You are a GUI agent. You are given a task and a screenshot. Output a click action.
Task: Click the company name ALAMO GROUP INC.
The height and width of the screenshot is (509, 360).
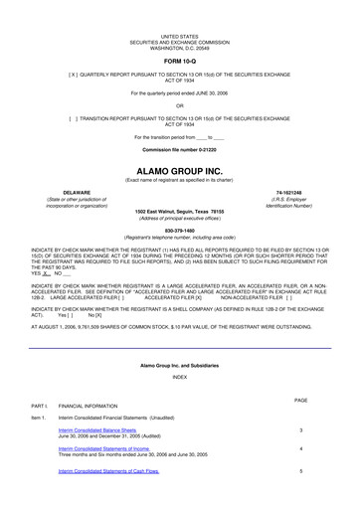pos(179,170)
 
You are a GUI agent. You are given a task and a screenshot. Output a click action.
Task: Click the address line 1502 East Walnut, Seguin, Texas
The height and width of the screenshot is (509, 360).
pos(179,211)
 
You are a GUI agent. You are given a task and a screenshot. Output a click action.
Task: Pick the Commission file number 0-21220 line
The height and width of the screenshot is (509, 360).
pos(179,148)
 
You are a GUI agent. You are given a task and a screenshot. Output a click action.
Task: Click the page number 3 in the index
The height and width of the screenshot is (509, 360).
pos(300,429)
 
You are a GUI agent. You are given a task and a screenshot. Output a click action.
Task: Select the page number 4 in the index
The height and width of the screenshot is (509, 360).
pos(300,448)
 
